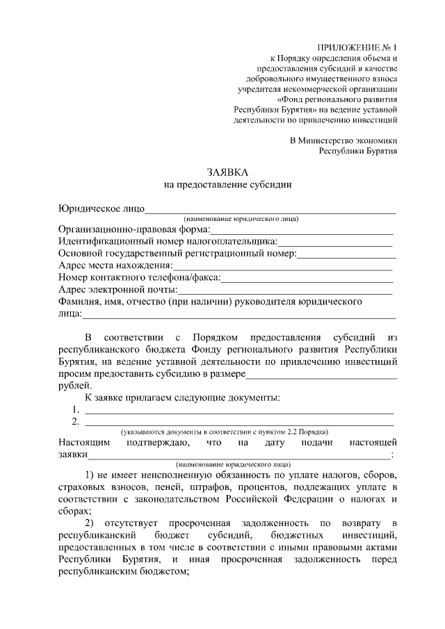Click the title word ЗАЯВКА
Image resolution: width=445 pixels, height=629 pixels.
227,172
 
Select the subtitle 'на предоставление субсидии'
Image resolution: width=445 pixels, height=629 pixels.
227,184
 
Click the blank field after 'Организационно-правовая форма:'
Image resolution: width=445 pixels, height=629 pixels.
302,229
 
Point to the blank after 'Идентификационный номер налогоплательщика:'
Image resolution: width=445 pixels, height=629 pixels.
335,242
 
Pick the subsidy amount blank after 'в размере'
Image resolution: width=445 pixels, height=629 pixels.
321,375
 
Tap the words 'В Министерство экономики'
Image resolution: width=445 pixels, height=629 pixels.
343,140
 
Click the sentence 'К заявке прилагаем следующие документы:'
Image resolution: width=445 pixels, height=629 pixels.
183,398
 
